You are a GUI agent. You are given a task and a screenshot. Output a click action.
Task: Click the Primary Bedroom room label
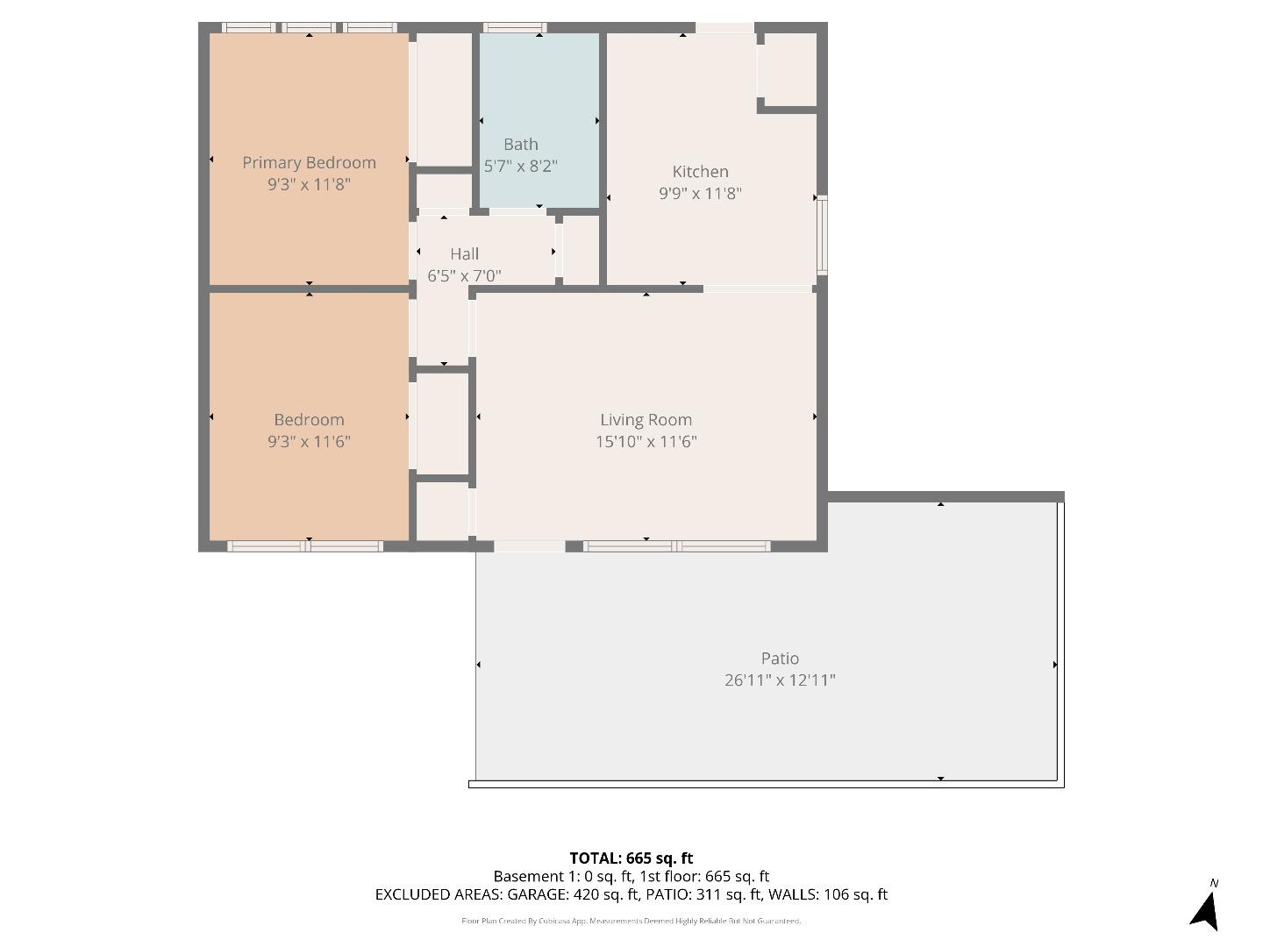click(309, 162)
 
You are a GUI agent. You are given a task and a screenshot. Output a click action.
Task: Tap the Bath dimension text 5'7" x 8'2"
click(520, 166)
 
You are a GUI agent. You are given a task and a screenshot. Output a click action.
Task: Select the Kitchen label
click(700, 171)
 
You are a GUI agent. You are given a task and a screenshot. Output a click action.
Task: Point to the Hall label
click(464, 253)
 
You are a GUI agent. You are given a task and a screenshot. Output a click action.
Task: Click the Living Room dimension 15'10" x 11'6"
click(646, 441)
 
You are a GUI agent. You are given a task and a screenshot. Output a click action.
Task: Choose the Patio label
click(780, 658)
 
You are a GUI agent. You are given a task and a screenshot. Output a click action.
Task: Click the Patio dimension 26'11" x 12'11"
click(780, 680)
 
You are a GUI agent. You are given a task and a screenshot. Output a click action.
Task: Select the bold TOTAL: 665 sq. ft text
click(631, 858)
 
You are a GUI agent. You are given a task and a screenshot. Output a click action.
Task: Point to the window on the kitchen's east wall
click(822, 236)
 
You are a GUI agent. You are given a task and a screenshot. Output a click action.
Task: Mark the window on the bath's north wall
click(514, 28)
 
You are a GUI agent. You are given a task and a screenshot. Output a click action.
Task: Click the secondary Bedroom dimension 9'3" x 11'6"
click(309, 441)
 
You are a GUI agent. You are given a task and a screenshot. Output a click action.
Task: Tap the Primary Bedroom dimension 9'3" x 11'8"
click(309, 184)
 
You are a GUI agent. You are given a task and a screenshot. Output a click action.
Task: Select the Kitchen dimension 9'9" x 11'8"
click(700, 193)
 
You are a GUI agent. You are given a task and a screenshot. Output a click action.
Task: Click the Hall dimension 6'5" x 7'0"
click(464, 275)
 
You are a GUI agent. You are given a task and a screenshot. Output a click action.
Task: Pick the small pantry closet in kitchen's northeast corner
click(788, 70)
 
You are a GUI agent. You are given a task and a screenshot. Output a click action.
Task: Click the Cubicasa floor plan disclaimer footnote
click(631, 921)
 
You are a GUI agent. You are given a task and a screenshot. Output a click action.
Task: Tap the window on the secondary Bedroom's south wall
click(305, 546)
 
